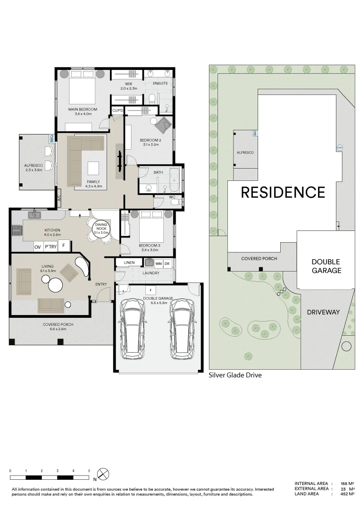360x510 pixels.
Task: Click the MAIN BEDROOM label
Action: (85, 110)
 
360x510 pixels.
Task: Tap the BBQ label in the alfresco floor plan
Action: (52, 139)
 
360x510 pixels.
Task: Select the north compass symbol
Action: (104, 474)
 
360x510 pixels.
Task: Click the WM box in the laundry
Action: (158, 263)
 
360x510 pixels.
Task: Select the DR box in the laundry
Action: (167, 263)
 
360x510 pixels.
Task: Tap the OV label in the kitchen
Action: (37, 246)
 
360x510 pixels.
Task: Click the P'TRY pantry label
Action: (50, 246)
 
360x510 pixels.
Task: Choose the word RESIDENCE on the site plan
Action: (283, 192)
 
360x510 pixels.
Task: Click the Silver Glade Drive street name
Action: (235, 375)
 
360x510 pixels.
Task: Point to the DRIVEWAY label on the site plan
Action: (323, 312)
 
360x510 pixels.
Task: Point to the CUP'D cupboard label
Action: (117, 110)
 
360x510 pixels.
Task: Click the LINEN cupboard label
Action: (129, 263)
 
